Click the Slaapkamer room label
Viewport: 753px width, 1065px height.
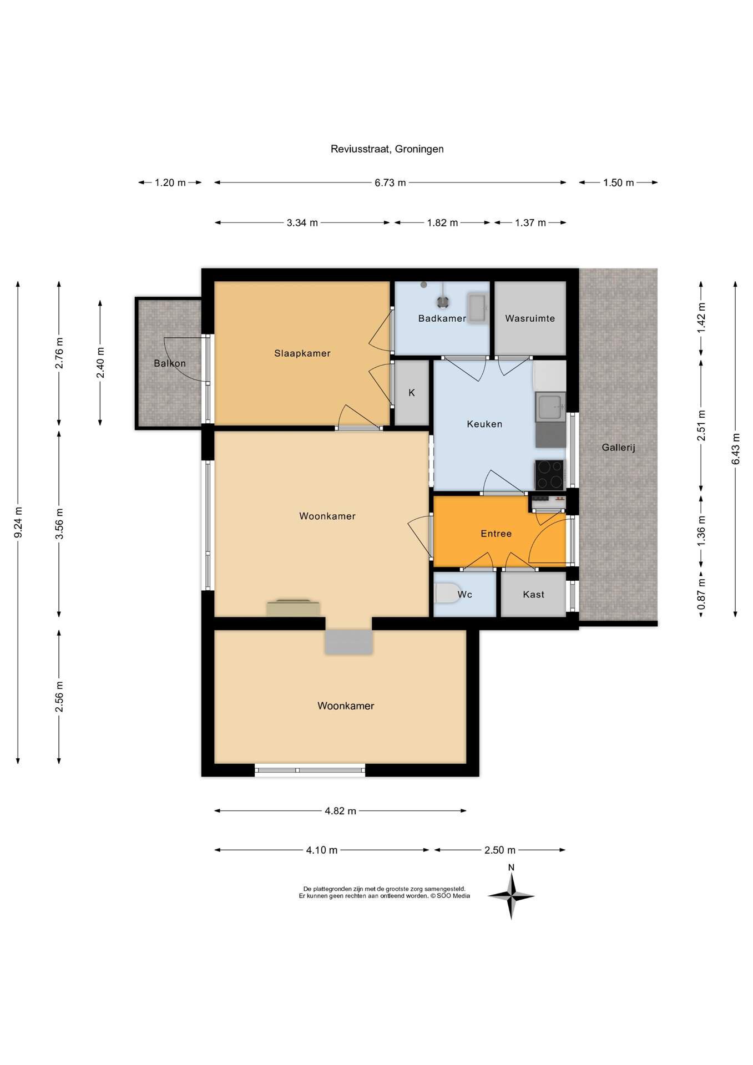click(x=302, y=353)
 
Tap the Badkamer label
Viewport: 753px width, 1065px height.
click(x=442, y=318)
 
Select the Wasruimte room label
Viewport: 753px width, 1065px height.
click(x=530, y=318)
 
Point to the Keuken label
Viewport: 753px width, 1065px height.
click(x=484, y=424)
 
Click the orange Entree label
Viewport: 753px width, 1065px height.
click(x=496, y=534)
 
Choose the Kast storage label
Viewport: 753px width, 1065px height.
click(x=534, y=595)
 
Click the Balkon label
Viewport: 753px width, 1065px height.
click(x=170, y=363)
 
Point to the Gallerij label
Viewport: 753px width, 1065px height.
click(x=618, y=448)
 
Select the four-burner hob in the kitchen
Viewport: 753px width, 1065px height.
click(x=549, y=475)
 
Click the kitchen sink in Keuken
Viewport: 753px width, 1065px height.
click(x=550, y=407)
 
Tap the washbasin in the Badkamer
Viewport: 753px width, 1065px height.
click(x=477, y=308)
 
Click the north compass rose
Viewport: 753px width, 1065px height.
click(x=511, y=896)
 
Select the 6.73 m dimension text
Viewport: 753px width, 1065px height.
click(x=390, y=182)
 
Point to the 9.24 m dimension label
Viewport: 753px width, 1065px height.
click(x=18, y=523)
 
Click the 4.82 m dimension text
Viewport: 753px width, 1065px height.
click(x=340, y=811)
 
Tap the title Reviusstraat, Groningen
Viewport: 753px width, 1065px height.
click(x=387, y=149)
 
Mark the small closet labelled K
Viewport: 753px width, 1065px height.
click(x=412, y=393)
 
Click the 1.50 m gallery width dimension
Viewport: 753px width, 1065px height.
click(x=618, y=182)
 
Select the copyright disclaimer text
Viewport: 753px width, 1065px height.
click(x=385, y=892)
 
